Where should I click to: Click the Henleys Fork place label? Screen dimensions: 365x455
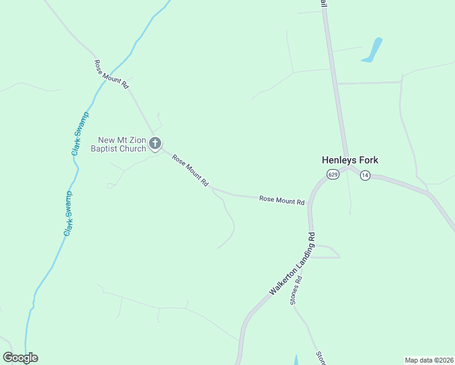pos(350,161)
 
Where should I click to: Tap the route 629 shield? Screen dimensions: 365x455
pos(332,175)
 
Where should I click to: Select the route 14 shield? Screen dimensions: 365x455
pos(364,175)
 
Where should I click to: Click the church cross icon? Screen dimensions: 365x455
pos(155,144)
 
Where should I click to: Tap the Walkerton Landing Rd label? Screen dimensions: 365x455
pos(293,264)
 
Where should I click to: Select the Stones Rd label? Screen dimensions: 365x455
pos(296,291)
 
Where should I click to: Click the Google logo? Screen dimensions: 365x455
pos(20,358)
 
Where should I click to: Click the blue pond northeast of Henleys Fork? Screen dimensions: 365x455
pos(372,50)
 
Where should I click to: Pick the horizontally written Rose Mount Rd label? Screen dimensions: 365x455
pos(282,200)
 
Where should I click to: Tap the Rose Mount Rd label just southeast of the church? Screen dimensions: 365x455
pos(190,170)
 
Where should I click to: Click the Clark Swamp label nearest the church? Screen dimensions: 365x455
pos(80,133)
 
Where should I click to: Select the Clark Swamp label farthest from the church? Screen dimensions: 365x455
pos(69,214)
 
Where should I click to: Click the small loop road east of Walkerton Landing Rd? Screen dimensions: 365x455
pos(328,251)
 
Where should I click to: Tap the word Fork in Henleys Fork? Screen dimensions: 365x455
pos(367,161)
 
